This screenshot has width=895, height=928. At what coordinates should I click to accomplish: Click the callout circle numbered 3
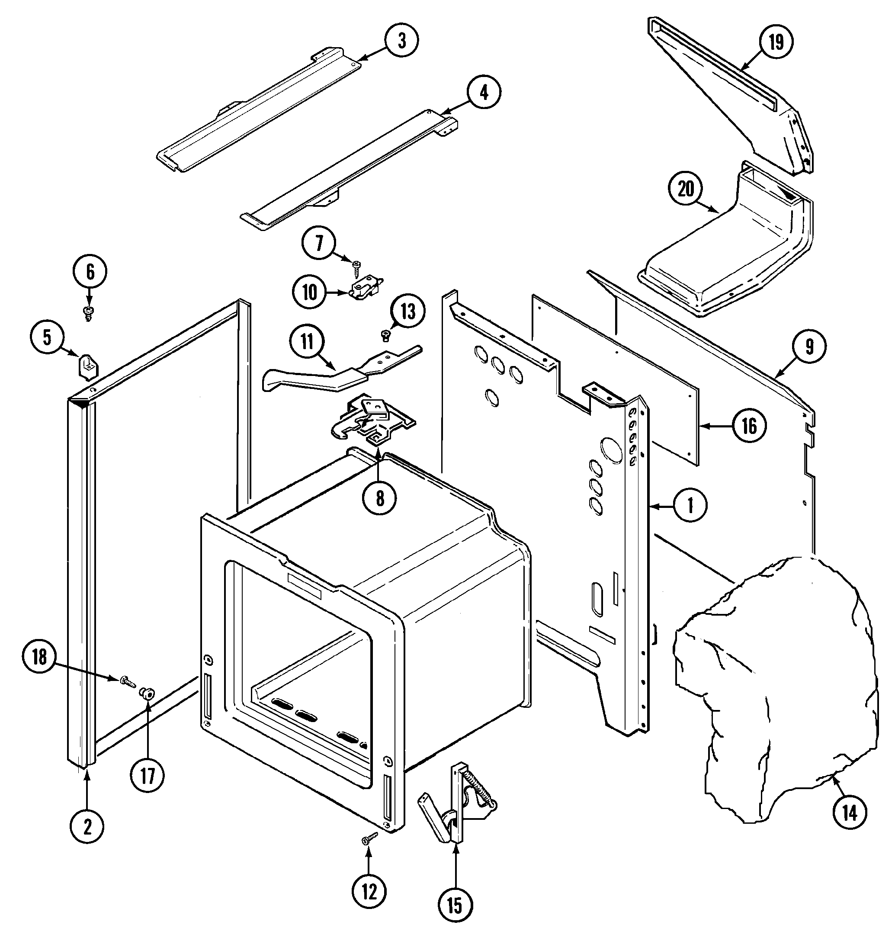click(401, 41)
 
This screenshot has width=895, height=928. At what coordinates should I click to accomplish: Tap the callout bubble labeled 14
click(850, 813)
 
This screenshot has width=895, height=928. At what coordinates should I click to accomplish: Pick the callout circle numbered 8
click(380, 498)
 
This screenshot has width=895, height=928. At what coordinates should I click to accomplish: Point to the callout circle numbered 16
click(749, 426)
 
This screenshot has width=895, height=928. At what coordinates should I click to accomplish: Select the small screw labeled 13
click(385, 336)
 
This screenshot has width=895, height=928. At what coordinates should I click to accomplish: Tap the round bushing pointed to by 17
click(147, 694)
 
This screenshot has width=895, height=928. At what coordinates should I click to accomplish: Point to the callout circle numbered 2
click(87, 827)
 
